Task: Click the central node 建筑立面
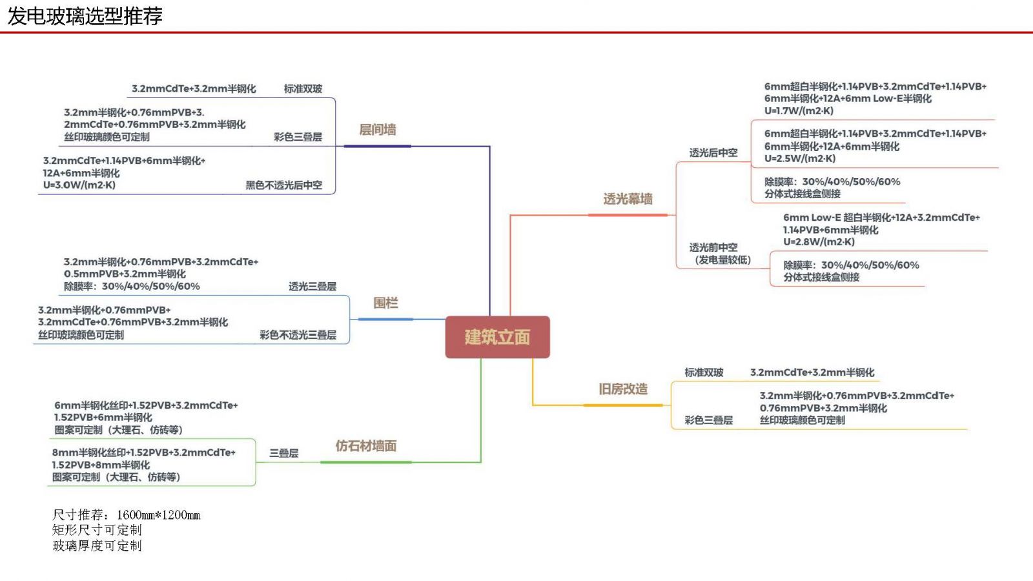click(x=497, y=337)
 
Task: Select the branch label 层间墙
click(x=378, y=130)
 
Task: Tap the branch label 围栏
click(x=385, y=303)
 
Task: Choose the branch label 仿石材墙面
click(x=365, y=446)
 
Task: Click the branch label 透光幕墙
click(x=628, y=199)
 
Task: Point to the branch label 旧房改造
click(x=622, y=389)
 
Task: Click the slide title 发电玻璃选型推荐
click(x=85, y=16)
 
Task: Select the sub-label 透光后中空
click(x=713, y=153)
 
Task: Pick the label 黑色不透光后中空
click(x=283, y=185)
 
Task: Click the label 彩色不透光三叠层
click(x=298, y=335)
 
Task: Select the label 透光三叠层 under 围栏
click(x=312, y=287)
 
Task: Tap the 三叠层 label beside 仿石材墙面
click(x=283, y=453)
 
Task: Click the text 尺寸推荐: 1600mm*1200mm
click(x=127, y=515)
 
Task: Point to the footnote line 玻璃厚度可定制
click(x=97, y=545)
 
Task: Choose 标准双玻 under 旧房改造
click(x=704, y=372)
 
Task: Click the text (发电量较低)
click(x=722, y=260)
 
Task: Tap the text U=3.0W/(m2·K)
click(x=79, y=185)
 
